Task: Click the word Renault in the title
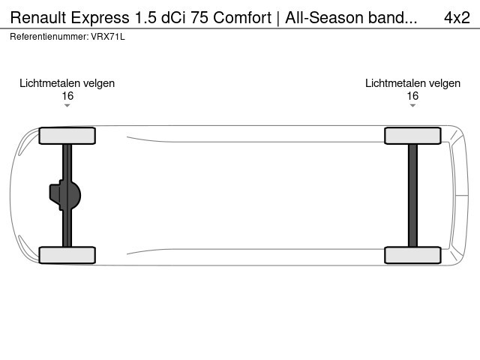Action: (38, 17)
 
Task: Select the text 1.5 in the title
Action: (145, 17)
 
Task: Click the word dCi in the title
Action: (173, 17)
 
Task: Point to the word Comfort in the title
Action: (242, 17)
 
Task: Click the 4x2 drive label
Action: (457, 18)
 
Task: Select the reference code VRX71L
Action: (108, 37)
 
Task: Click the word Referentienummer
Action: (49, 37)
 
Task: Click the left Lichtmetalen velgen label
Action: (67, 83)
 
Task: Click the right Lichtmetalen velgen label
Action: (412, 83)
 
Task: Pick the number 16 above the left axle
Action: (67, 96)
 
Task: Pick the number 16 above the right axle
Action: (412, 96)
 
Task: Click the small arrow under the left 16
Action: (67, 106)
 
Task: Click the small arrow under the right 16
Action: (412, 106)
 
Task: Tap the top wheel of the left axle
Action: (67, 136)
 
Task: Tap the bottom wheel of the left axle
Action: (67, 255)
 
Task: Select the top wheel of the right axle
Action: (412, 136)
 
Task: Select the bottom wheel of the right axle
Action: (412, 255)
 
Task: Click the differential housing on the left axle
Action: (65, 195)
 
